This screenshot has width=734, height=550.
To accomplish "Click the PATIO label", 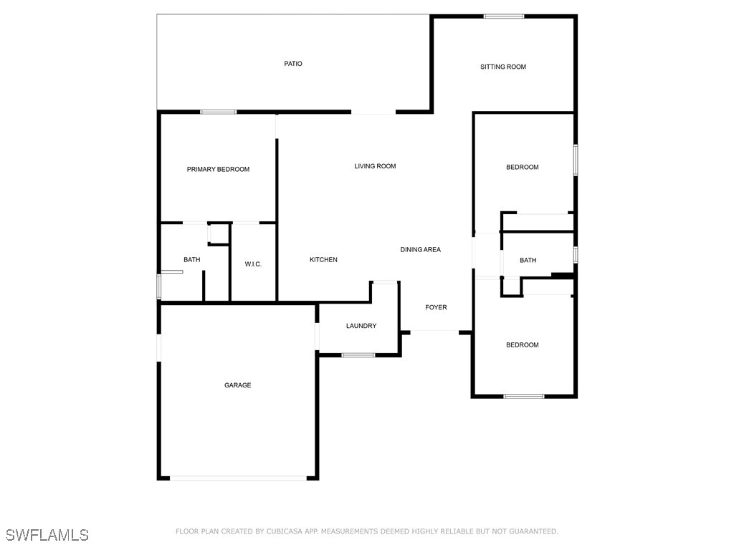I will pos(292,64).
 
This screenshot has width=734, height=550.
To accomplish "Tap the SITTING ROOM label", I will pos(502,67).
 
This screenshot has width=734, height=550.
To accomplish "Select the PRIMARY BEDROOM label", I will pos(218,169).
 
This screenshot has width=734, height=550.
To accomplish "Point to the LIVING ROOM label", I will pos(375,166).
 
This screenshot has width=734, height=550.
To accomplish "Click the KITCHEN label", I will pos(323,259).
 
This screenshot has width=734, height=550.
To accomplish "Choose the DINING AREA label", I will pos(420,249).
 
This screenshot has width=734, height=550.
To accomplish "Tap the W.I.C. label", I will pos(253,264).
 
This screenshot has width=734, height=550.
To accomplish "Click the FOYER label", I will pos(436,307).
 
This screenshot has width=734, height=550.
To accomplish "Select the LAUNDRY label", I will pos(361,326).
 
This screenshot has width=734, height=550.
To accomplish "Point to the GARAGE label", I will pos(237,385).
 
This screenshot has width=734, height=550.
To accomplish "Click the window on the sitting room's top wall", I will pos(503,16).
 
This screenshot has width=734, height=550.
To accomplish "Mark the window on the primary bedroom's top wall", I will pos(219,112).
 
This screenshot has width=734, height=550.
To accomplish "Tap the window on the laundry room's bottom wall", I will pos(358,355).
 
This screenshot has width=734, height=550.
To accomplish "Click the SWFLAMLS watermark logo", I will pos(47,535).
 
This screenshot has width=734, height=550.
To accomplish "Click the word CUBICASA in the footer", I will pos(285,531).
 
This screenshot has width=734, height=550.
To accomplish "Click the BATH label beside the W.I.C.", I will pos(191,260).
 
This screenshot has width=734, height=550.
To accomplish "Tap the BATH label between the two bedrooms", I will pos(528,260).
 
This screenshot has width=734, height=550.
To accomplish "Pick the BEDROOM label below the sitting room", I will pos(522,167).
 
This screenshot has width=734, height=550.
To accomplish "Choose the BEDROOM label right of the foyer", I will pos(522,345).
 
